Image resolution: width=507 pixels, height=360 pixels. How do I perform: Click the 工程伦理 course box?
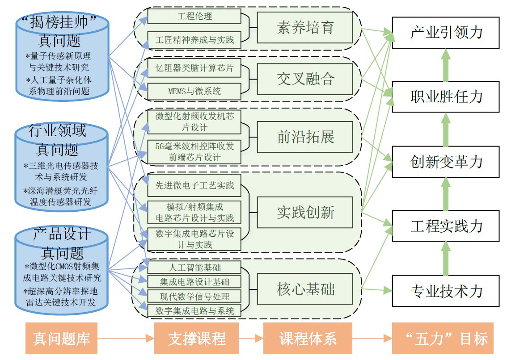[194, 17]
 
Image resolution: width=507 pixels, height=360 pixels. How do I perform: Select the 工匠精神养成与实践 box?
[194, 40]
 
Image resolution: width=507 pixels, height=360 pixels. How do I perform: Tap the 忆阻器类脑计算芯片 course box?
[194, 69]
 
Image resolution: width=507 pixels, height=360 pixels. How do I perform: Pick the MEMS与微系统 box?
[194, 92]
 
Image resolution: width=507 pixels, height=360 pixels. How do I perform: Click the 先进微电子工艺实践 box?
[194, 186]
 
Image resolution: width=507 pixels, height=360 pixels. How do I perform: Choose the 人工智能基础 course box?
[194, 268]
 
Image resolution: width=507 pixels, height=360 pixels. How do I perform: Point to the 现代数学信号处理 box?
[194, 296]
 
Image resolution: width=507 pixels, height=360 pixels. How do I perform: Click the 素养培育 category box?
[305, 28]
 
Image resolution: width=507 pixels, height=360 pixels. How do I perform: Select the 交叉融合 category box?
[305, 79]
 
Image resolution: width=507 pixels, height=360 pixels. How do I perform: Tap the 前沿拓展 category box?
[305, 137]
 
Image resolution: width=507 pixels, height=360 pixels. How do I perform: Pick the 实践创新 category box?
[305, 212]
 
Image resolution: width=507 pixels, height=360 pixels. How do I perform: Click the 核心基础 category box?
[305, 289]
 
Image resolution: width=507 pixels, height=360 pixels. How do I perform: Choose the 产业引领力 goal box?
[446, 33]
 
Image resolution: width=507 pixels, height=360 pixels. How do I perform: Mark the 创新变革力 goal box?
[446, 162]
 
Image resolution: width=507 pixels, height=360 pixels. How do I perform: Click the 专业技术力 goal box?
[446, 291]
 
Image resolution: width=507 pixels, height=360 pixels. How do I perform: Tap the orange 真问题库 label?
[62, 339]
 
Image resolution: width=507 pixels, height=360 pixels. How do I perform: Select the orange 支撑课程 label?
[197, 339]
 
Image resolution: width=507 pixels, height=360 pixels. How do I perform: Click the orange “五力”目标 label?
[443, 339]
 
